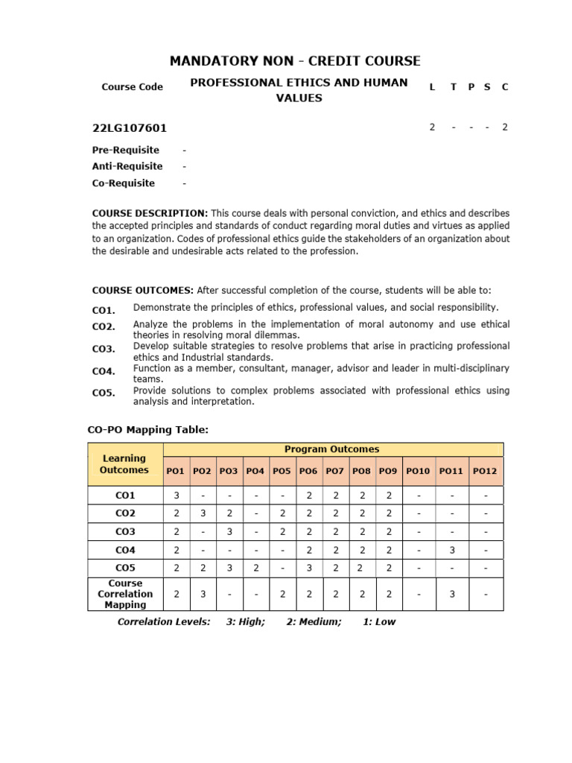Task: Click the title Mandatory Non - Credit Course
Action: coord(295,60)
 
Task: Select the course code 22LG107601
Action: coord(130,127)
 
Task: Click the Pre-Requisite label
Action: coord(125,150)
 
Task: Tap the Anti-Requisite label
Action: coord(127,166)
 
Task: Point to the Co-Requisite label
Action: coord(124,183)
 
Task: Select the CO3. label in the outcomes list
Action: coord(104,349)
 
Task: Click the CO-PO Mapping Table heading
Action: coord(148,429)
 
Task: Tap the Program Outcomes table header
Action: coord(331,449)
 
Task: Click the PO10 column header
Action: coord(418,471)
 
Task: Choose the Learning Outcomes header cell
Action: coord(124,464)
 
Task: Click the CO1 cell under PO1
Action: coord(176,496)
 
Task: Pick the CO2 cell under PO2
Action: coord(202,513)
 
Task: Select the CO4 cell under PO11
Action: coord(451,550)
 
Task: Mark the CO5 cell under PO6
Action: coord(308,568)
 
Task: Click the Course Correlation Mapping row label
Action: coord(124,594)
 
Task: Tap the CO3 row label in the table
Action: coord(124,532)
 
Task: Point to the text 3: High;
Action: coord(245,622)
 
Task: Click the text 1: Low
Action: coord(379,622)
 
